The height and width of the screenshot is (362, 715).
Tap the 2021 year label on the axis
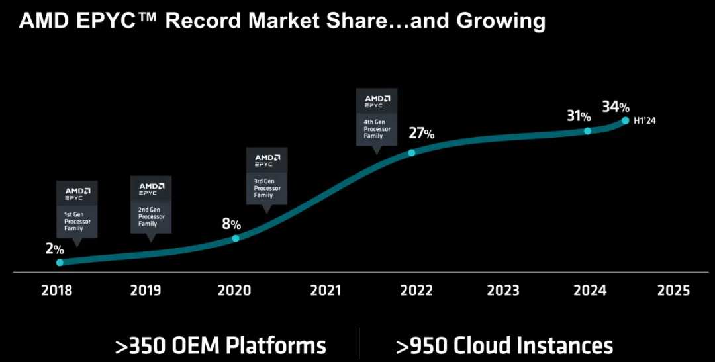point(325,291)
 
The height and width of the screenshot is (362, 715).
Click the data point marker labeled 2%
point(60,263)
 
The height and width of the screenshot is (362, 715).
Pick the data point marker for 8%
point(236,238)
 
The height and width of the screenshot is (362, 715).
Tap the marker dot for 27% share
point(412,152)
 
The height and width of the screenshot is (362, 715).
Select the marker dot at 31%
point(587,131)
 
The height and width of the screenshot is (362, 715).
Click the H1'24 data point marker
point(625,120)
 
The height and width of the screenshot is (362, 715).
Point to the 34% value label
point(616,106)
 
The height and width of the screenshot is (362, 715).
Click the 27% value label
point(421,133)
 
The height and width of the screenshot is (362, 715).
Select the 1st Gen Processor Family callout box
point(77,209)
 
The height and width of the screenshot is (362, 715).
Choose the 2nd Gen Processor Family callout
point(151,204)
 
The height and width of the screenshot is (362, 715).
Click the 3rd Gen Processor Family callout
point(267,175)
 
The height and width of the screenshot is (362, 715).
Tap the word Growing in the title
point(501,21)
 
